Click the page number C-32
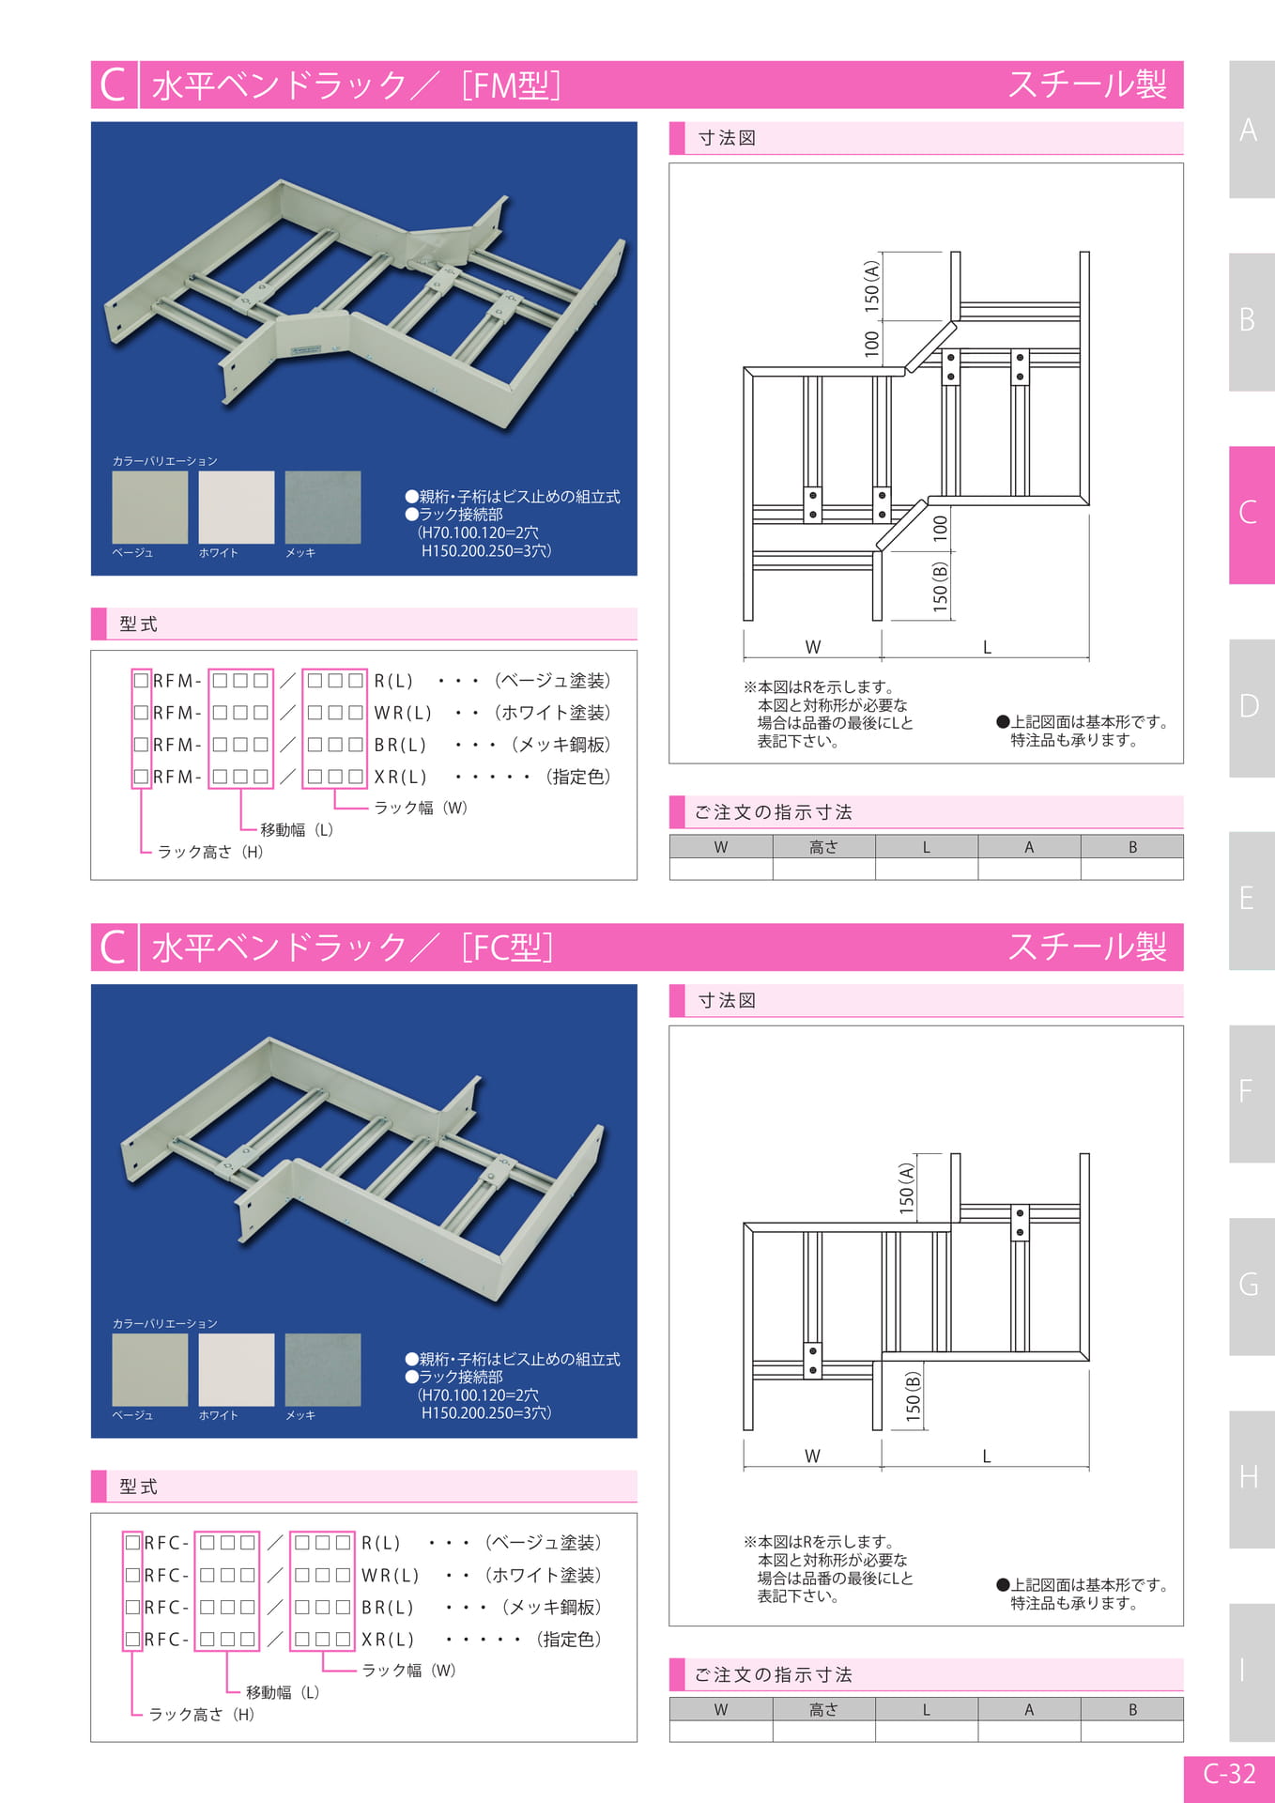(x=1229, y=1774)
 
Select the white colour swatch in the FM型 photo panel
(x=237, y=507)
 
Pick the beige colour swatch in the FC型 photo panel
(x=150, y=1369)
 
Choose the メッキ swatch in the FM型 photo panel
(x=323, y=507)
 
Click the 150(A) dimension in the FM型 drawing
(x=872, y=286)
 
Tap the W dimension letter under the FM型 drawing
(x=813, y=647)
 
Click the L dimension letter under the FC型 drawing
(x=987, y=1456)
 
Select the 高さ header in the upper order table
(x=823, y=847)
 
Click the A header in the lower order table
(x=1029, y=1710)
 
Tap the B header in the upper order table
(x=1132, y=847)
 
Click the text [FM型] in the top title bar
(x=512, y=85)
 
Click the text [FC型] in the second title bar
(x=507, y=948)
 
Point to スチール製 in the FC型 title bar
(x=1087, y=947)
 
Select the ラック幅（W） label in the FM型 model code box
(x=421, y=808)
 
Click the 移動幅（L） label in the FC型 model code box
(x=283, y=1692)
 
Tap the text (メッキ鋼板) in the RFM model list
(x=561, y=745)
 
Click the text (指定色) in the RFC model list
(x=568, y=1639)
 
